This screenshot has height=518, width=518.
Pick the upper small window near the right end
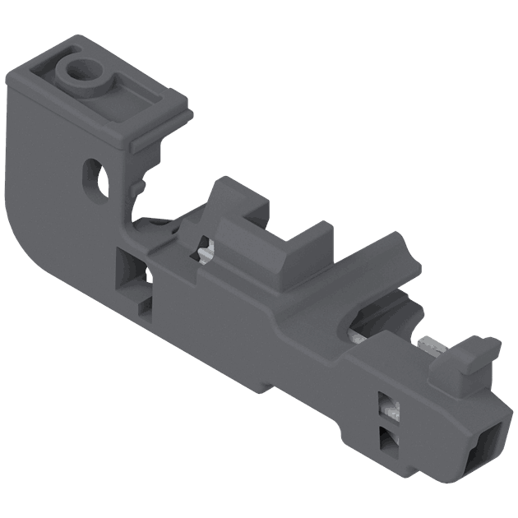(x=386, y=404)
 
